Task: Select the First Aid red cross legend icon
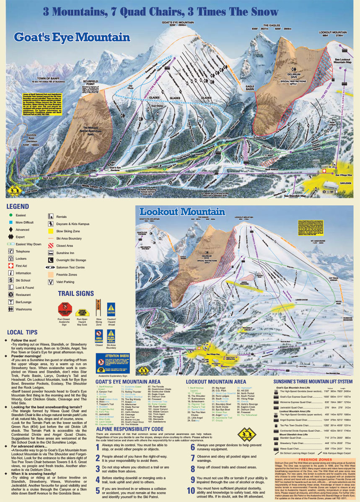(x=11, y=266)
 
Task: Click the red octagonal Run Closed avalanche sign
(x=65, y=307)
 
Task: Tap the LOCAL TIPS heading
(x=21, y=332)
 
